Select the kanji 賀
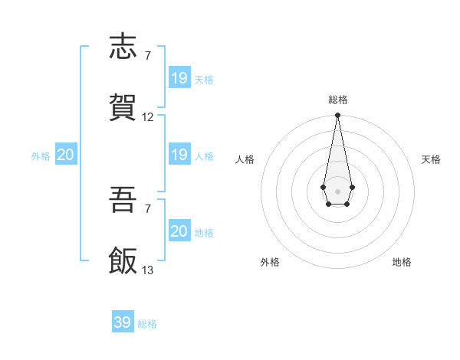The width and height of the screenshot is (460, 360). click(124, 107)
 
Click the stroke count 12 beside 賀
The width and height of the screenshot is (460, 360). click(148, 117)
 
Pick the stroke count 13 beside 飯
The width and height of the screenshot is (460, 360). click(148, 270)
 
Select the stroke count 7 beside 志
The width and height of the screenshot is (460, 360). click(147, 56)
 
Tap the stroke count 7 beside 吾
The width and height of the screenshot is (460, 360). click(147, 209)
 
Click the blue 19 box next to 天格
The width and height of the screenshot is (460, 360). click(179, 77)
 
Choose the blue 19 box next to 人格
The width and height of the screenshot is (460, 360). click(179, 155)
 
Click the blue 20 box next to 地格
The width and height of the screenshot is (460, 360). click(179, 231)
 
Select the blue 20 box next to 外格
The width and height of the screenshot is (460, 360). click(66, 155)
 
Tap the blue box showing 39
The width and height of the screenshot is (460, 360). click(123, 322)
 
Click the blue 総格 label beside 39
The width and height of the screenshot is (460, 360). click(147, 324)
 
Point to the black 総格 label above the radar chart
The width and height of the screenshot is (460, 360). click(338, 100)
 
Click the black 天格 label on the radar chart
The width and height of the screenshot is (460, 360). click(432, 159)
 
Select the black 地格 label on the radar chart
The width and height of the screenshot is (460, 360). click(402, 262)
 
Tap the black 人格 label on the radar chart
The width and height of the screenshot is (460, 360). click(245, 159)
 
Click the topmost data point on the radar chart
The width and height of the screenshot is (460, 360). click(337, 116)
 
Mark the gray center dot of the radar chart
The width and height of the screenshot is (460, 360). click(337, 190)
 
